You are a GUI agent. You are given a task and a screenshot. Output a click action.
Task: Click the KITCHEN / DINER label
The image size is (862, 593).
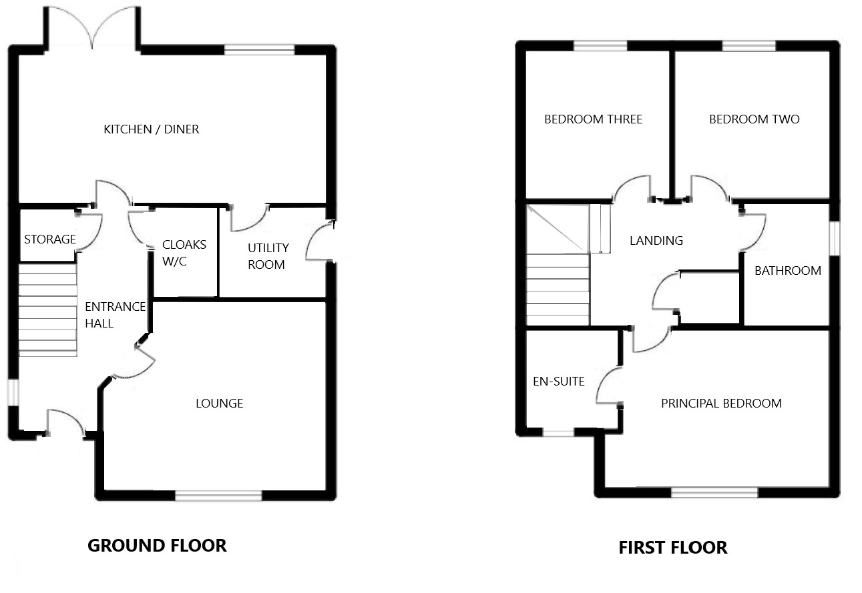point(151,129)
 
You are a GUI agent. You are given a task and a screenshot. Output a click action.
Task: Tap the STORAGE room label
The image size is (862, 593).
point(49,239)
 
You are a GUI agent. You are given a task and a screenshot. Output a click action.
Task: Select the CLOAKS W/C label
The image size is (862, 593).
point(184,253)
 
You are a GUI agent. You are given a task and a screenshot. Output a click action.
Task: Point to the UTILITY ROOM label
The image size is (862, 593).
point(266,256)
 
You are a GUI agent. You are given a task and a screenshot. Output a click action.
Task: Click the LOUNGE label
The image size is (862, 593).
point(219,404)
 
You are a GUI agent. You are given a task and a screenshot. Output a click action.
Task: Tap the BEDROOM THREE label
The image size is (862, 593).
point(593,119)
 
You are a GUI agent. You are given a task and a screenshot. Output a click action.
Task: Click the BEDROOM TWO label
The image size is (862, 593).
point(754,119)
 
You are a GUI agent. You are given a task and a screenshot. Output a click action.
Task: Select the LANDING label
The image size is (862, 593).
point(656,241)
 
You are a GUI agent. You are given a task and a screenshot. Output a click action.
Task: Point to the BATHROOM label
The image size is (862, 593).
point(787,271)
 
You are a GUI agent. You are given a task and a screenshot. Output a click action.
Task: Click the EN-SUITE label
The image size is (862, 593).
point(558,382)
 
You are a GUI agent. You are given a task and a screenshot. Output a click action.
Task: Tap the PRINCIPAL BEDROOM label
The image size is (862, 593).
point(721,404)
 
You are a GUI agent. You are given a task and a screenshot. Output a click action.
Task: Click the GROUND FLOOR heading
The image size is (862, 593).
point(157,546)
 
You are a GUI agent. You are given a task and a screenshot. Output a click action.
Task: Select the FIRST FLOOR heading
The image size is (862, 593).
point(672,548)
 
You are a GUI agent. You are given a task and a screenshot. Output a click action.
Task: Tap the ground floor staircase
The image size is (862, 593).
point(47,310)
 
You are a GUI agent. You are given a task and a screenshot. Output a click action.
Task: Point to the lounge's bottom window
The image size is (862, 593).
point(218,496)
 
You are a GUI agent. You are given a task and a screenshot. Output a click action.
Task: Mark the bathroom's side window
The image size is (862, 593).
point(834,237)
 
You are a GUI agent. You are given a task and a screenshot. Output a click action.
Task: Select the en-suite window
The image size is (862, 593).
point(558,433)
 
